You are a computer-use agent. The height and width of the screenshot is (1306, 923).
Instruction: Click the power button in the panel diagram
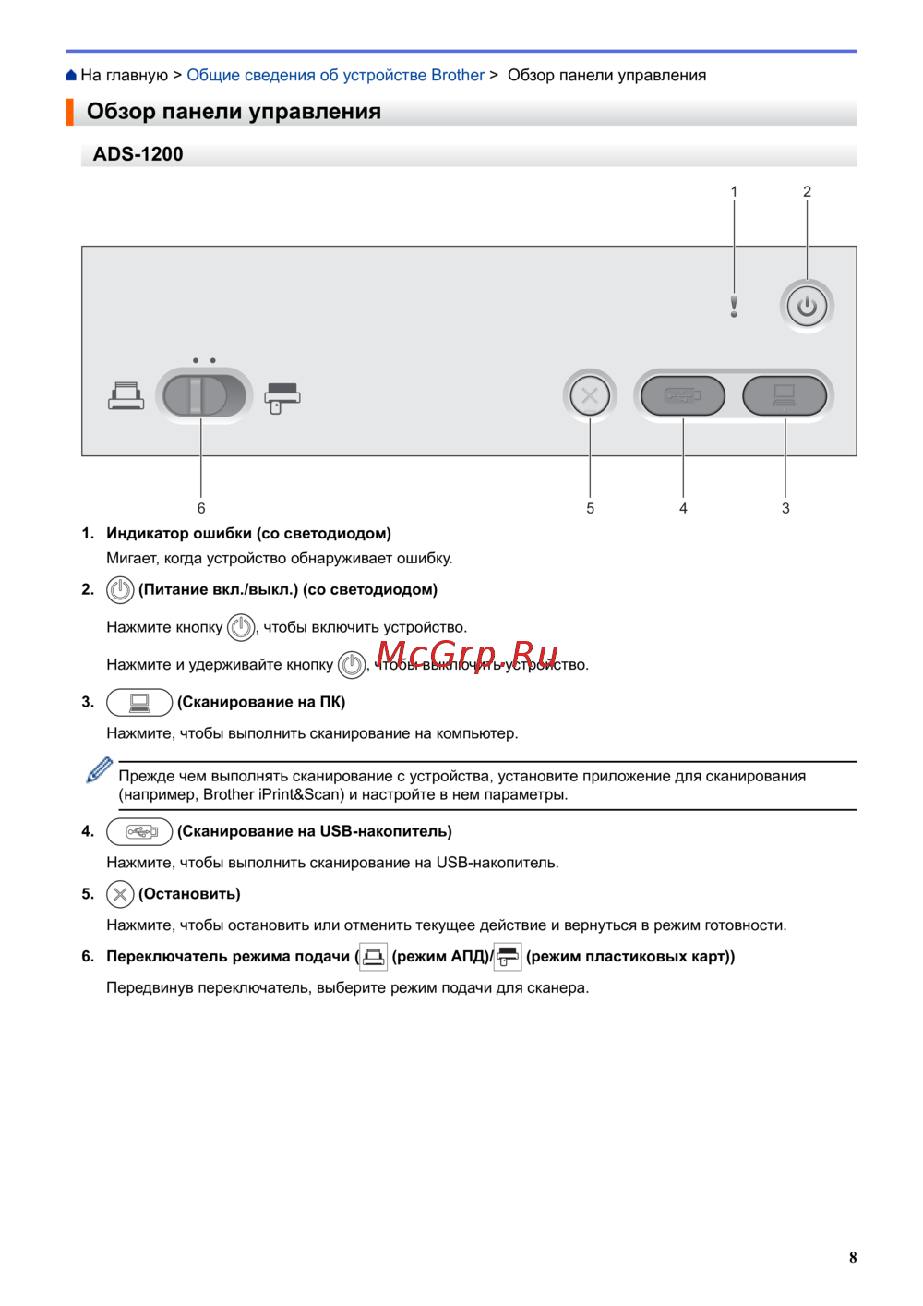pos(807,306)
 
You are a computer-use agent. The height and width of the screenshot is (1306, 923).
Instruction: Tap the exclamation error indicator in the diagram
pos(734,306)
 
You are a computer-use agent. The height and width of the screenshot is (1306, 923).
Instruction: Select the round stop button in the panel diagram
pos(590,397)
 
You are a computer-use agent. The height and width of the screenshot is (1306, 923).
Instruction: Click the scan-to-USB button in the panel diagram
pos(683,396)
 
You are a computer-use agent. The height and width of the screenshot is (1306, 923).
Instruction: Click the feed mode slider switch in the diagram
pos(203,395)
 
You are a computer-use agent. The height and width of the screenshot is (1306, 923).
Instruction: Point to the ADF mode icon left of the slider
pos(126,396)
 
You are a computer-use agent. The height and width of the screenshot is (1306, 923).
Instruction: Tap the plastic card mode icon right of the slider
pos(282,397)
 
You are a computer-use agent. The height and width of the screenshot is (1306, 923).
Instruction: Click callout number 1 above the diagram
pos(734,191)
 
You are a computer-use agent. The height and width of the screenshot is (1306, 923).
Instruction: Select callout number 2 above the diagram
pos(807,191)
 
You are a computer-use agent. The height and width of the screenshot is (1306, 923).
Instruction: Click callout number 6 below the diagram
pos(201,508)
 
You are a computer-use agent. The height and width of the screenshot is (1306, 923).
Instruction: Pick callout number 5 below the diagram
pos(590,508)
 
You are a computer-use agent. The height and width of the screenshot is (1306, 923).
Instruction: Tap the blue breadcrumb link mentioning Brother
pos(335,75)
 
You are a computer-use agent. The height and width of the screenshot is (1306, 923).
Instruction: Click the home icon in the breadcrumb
pos(71,75)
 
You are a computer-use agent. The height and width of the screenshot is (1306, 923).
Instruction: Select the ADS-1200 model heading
pos(138,154)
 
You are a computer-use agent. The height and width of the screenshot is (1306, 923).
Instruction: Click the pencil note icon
pos(99,769)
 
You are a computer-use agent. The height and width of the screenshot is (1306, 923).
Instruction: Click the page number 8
pos(853,1257)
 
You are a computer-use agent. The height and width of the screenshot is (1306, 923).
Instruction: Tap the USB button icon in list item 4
pos(139,831)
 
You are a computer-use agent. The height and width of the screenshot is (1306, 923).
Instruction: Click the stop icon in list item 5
pos(120,894)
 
